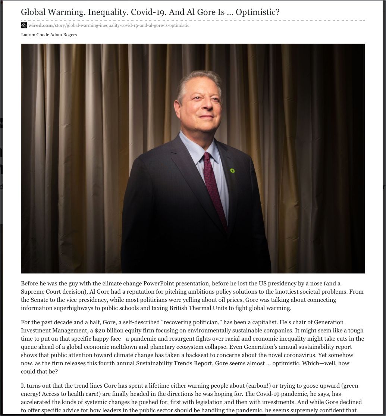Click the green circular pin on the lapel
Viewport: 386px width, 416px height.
232,171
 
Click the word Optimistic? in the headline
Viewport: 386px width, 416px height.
257,12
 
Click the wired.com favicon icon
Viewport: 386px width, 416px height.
24,25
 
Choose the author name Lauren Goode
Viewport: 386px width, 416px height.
35,35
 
